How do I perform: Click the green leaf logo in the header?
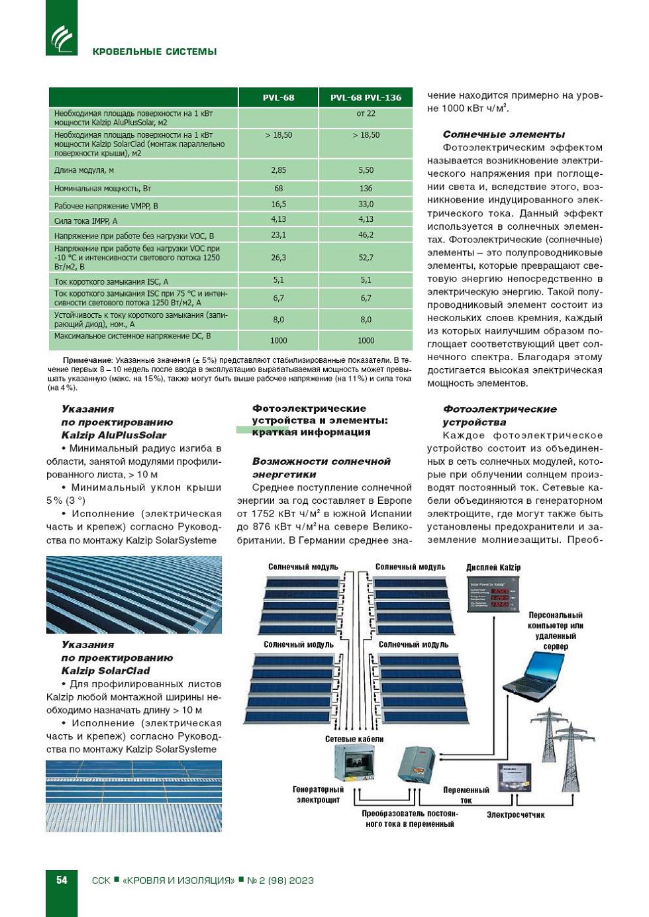[62, 37]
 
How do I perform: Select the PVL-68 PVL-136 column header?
[366, 97]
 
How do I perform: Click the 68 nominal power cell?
[278, 189]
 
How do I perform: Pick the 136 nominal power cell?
[366, 189]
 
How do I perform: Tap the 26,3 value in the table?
[278, 258]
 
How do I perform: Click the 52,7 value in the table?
[366, 258]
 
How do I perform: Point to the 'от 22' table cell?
[366, 113]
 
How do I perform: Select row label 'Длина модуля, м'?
[84, 170]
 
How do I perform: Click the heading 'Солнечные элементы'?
[503, 134]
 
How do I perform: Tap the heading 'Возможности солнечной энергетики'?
[321, 467]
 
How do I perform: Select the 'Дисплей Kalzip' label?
[493, 567]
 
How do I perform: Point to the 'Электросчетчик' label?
[515, 814]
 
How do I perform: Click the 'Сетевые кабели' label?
[354, 739]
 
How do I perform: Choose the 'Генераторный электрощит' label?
[318, 795]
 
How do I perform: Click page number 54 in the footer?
[62, 880]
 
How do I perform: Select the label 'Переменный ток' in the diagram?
[466, 795]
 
